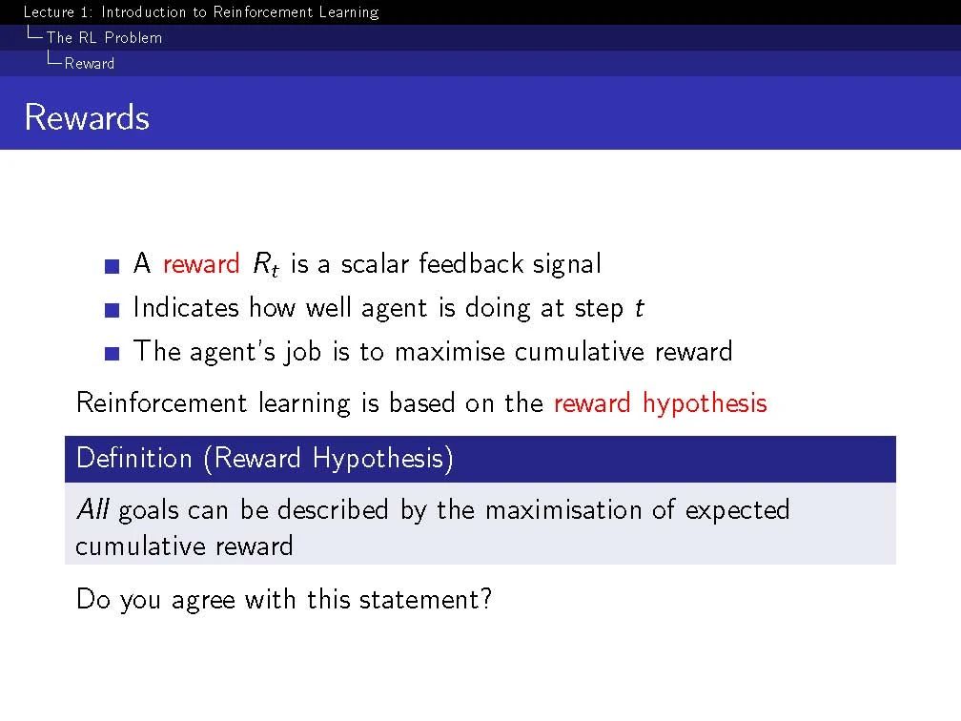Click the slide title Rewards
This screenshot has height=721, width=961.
(x=87, y=117)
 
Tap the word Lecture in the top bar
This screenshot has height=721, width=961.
(x=49, y=12)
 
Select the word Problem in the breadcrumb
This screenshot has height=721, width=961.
(x=133, y=38)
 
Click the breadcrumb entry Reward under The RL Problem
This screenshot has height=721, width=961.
(x=90, y=64)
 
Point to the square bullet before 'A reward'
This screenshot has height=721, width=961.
(x=112, y=266)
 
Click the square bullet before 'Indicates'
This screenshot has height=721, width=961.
(x=112, y=310)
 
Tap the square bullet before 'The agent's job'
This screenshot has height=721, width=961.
(x=112, y=354)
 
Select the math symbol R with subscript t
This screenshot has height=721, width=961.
(x=266, y=265)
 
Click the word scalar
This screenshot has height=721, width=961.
(x=375, y=263)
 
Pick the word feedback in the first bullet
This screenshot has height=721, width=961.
(x=471, y=263)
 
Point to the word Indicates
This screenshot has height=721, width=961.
(x=186, y=307)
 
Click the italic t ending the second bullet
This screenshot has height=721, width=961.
(x=639, y=308)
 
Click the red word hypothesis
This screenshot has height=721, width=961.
(x=705, y=404)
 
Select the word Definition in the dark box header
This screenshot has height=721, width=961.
(x=134, y=458)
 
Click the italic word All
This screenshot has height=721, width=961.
(x=93, y=509)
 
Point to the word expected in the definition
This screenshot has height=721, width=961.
(x=737, y=511)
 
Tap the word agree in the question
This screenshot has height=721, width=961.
(x=203, y=600)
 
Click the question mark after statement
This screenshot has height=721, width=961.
(x=486, y=598)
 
